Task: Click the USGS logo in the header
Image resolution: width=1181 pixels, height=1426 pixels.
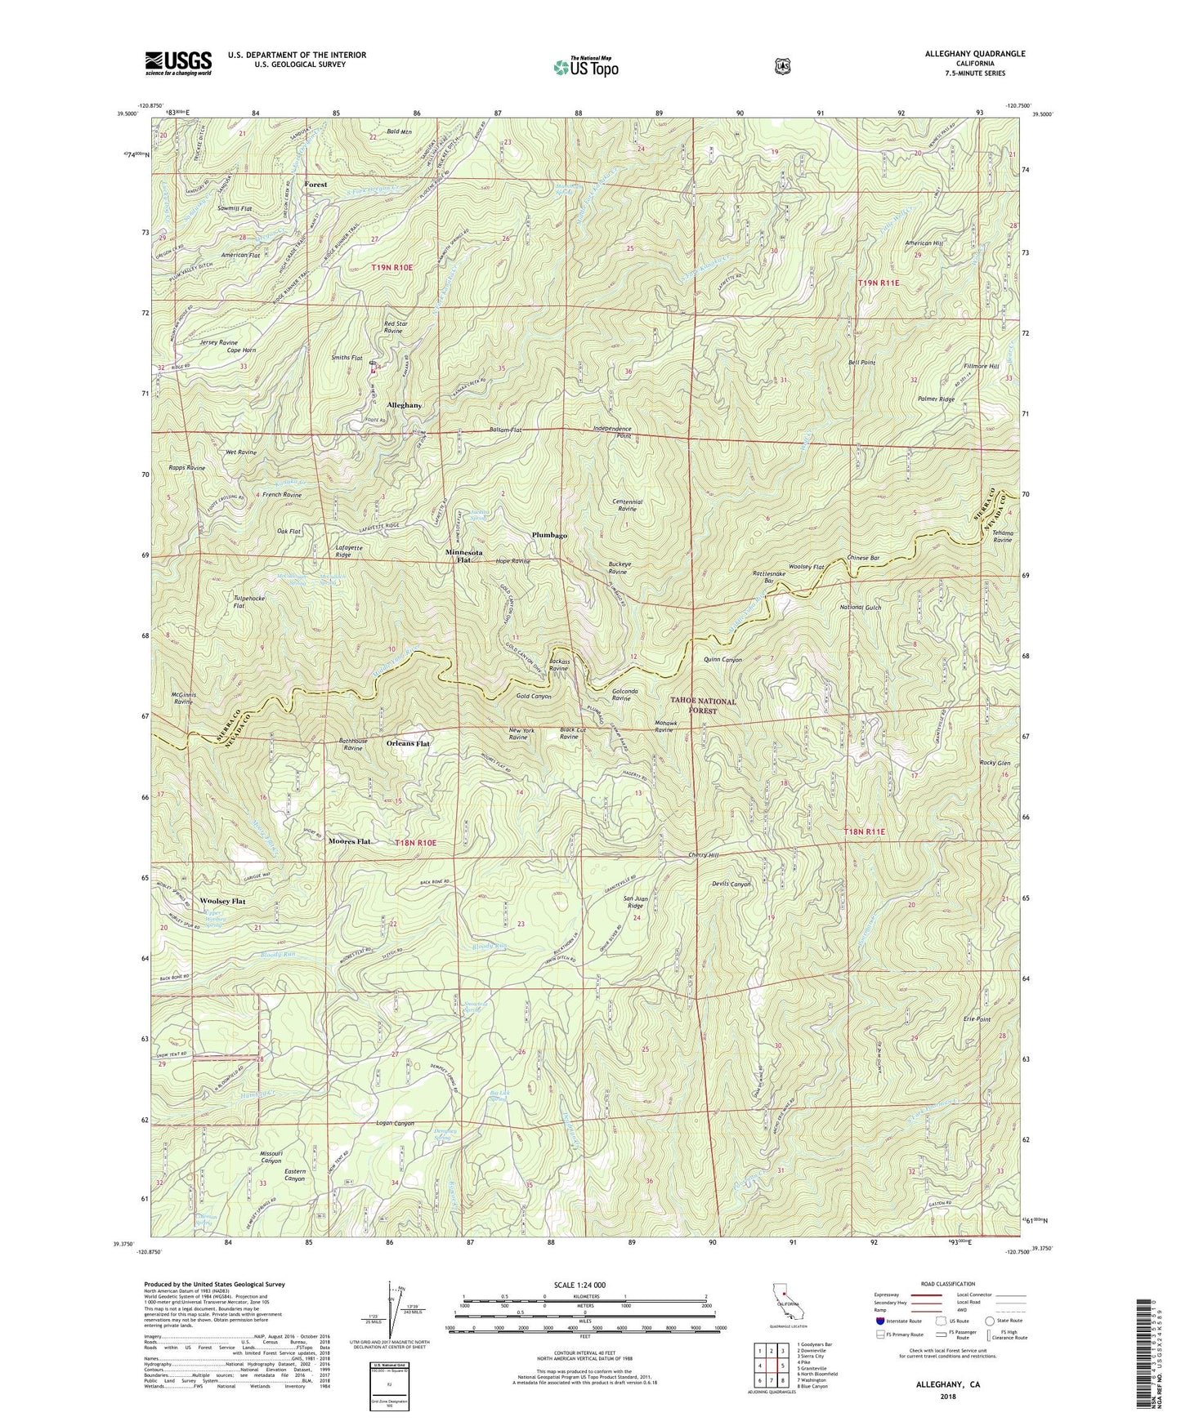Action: pos(178,63)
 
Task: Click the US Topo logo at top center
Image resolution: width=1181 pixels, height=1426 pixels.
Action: pos(585,67)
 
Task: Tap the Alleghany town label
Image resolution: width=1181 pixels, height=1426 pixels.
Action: pos(405,405)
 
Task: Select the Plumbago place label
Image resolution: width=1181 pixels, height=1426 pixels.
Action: pos(549,535)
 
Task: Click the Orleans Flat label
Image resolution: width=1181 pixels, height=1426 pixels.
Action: pos(408,744)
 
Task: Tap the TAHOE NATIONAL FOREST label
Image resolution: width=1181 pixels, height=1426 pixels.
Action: pos(703,706)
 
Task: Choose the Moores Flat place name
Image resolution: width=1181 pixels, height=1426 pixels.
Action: pos(350,841)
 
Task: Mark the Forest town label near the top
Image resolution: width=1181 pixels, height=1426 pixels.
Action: pos(315,185)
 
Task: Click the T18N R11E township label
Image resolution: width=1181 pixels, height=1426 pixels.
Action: pos(864,831)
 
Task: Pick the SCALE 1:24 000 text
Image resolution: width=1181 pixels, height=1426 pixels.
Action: pos(579,1285)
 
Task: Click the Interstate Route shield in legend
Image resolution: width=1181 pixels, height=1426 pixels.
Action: pos(880,1320)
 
